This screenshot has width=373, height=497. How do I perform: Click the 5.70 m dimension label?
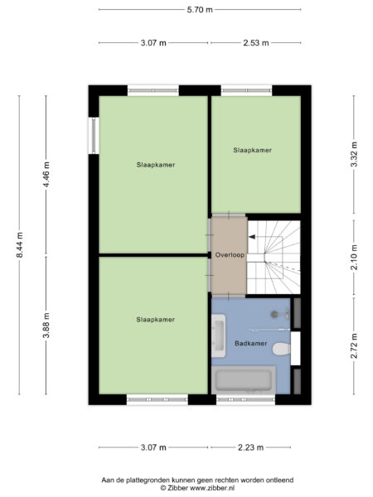(x=200, y=9)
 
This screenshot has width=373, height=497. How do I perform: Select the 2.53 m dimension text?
(x=256, y=42)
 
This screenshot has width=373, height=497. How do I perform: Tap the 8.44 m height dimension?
(x=20, y=244)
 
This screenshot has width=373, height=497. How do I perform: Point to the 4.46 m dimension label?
(x=46, y=174)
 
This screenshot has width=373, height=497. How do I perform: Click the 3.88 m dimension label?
(x=46, y=326)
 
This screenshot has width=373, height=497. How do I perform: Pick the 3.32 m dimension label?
(x=354, y=154)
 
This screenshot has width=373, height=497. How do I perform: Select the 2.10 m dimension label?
(x=354, y=258)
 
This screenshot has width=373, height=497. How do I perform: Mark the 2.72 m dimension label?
(x=354, y=345)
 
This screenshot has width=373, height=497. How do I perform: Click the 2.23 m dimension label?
(x=250, y=447)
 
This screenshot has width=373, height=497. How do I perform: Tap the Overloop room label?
(x=230, y=255)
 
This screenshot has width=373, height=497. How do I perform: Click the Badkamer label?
(x=250, y=343)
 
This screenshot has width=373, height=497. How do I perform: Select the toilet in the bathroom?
(x=281, y=349)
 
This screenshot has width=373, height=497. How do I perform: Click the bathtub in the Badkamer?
(x=244, y=380)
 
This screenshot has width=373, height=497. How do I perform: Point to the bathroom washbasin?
(x=219, y=335)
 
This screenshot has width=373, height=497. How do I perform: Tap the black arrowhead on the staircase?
(x=252, y=237)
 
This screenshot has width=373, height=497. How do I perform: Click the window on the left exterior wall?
(x=94, y=136)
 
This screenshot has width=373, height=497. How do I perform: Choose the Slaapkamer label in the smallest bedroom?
(x=253, y=150)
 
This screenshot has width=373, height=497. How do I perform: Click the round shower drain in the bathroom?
(x=274, y=314)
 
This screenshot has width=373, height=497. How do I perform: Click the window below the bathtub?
(x=245, y=400)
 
